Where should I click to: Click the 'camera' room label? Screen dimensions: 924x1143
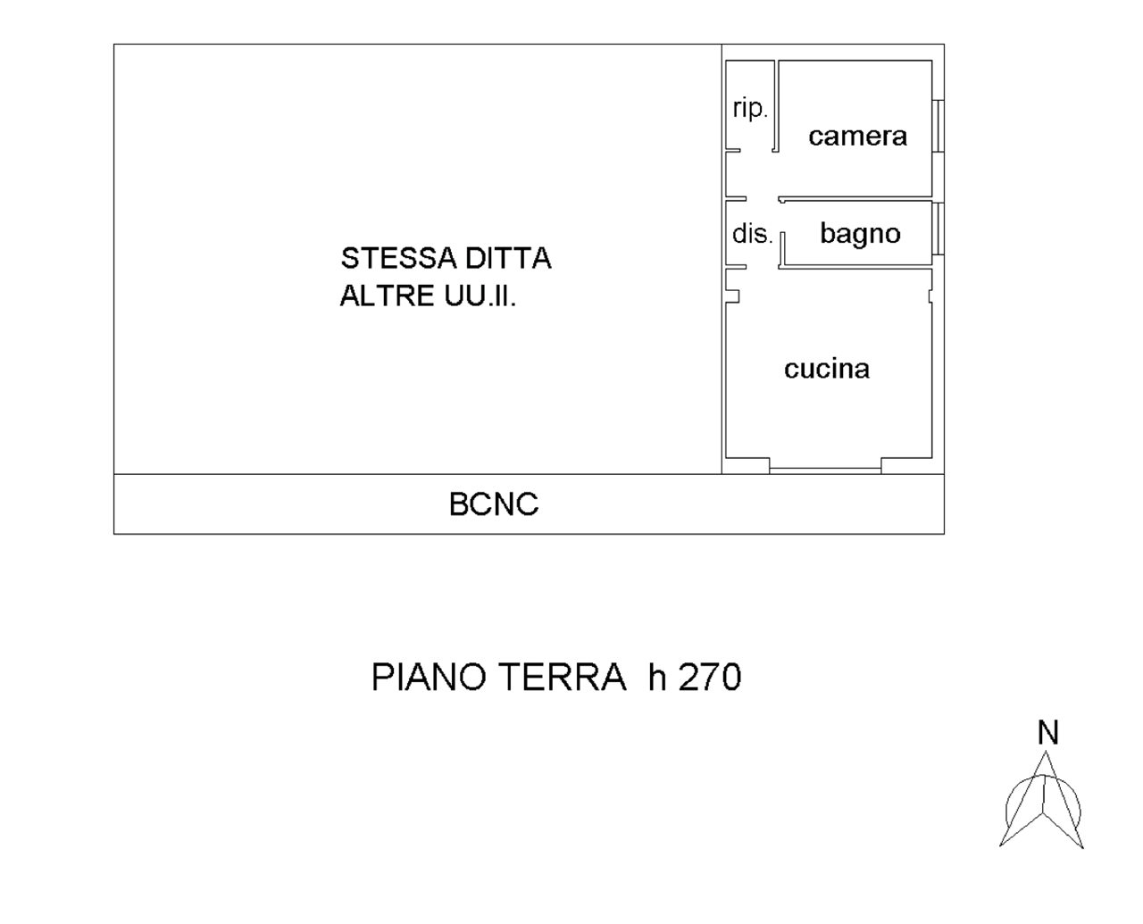coord(857,136)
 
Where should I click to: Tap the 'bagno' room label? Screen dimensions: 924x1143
coord(860,234)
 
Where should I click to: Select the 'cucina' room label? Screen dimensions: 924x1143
coord(826,369)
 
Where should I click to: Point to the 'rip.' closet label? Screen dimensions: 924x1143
coord(749,109)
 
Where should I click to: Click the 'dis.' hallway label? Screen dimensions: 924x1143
coord(751,234)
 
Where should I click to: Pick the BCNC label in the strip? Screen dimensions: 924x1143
coord(493,504)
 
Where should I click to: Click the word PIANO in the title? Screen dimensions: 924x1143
coord(429,678)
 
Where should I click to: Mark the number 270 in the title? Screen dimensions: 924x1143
coord(710,678)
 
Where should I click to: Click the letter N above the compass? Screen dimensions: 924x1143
coord(1048,733)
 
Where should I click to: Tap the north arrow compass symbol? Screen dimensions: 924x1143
coord(1041,803)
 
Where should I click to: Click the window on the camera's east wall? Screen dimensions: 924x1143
coord(939,125)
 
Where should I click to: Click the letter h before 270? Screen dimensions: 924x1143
coord(658,678)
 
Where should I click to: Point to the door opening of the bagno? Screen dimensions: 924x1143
coord(781,249)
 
